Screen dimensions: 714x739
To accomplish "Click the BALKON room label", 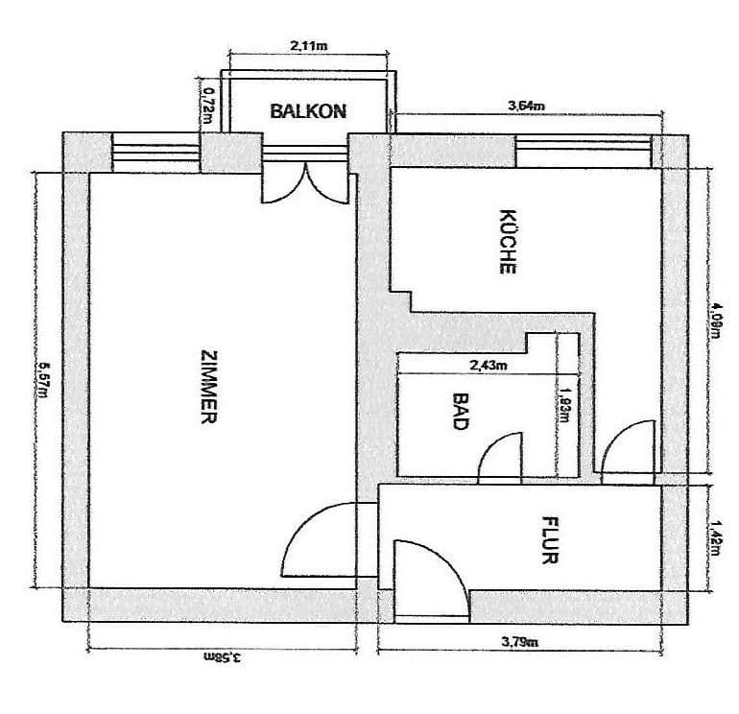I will click(x=307, y=110).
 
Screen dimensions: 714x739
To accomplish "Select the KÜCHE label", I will click(x=508, y=242).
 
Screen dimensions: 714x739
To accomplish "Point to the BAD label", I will click(x=460, y=411).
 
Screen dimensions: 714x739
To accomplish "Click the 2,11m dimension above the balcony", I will click(x=306, y=45).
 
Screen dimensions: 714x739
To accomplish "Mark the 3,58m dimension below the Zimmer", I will click(x=222, y=658).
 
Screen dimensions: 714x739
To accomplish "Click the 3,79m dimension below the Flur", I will click(x=519, y=642).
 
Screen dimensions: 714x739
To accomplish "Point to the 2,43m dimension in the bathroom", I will click(x=489, y=365).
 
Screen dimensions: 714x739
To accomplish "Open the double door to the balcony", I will click(x=302, y=184).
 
